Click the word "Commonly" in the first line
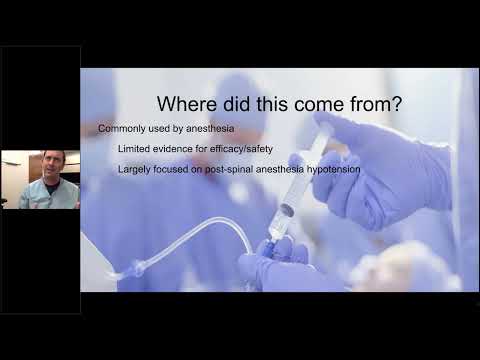123,130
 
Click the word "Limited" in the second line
135,149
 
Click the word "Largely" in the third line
135,168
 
